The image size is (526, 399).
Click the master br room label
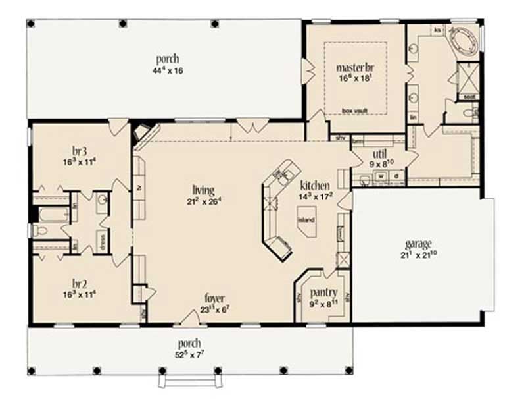[x=356, y=67]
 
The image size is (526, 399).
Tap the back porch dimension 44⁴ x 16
[x=165, y=71]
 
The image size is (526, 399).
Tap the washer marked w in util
[x=381, y=176]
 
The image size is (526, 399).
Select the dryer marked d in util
[x=396, y=176]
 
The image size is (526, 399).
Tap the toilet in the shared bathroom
[x=41, y=231]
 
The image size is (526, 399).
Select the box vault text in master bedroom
[x=356, y=110]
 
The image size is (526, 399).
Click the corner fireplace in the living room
[x=142, y=132]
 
